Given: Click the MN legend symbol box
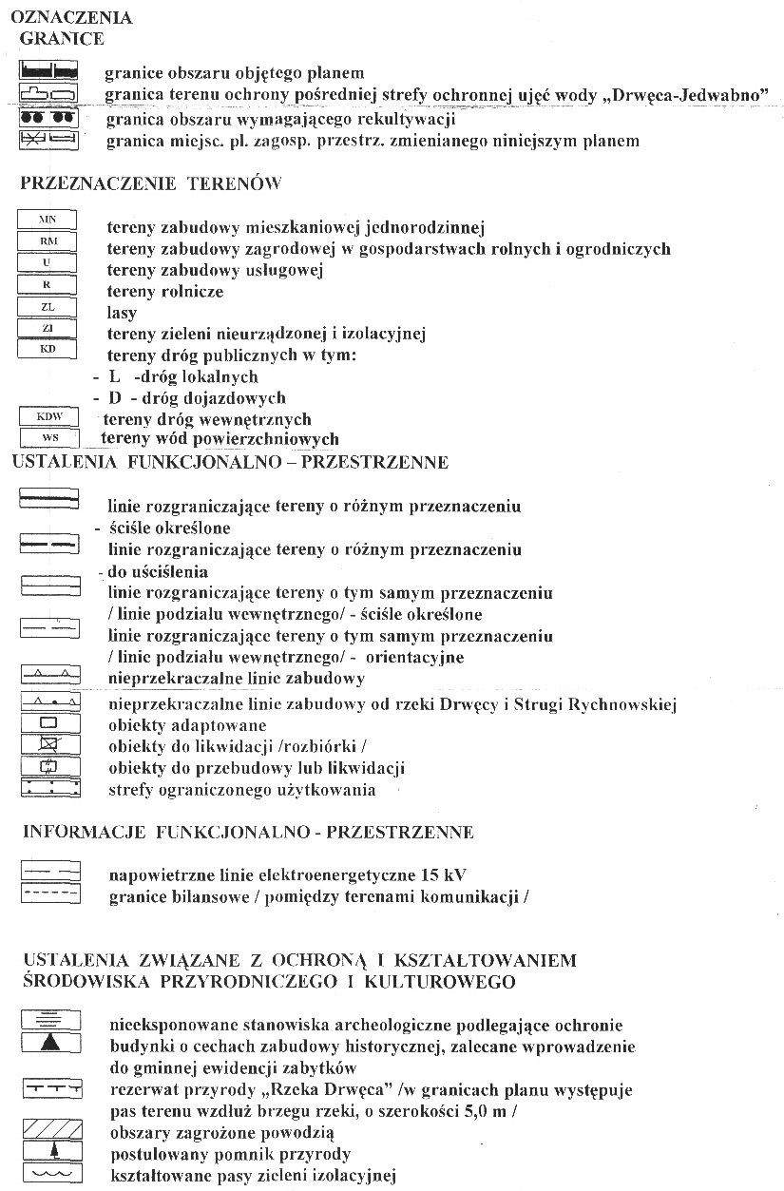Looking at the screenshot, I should pos(48,220).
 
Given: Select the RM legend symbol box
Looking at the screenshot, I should pos(48,241).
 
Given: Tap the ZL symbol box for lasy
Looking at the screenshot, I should pos(48,306).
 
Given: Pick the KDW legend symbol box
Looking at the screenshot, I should pos(48,417).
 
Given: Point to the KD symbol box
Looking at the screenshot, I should pos(48,349).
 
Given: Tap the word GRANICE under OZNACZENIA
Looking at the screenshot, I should pos(62,39).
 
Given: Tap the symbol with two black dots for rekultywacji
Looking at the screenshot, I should pos(48,118).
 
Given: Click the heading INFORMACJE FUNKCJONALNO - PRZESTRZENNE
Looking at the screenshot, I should pos(248,833).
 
